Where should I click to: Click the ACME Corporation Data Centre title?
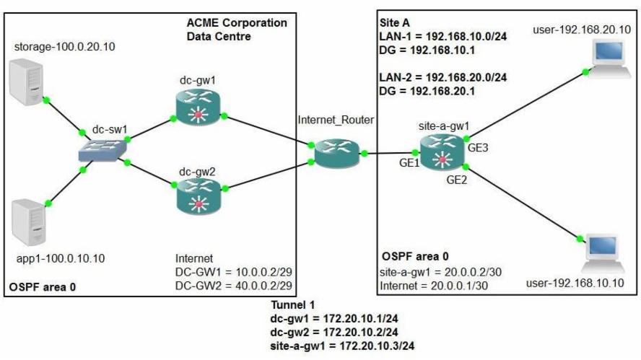click(x=236, y=29)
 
